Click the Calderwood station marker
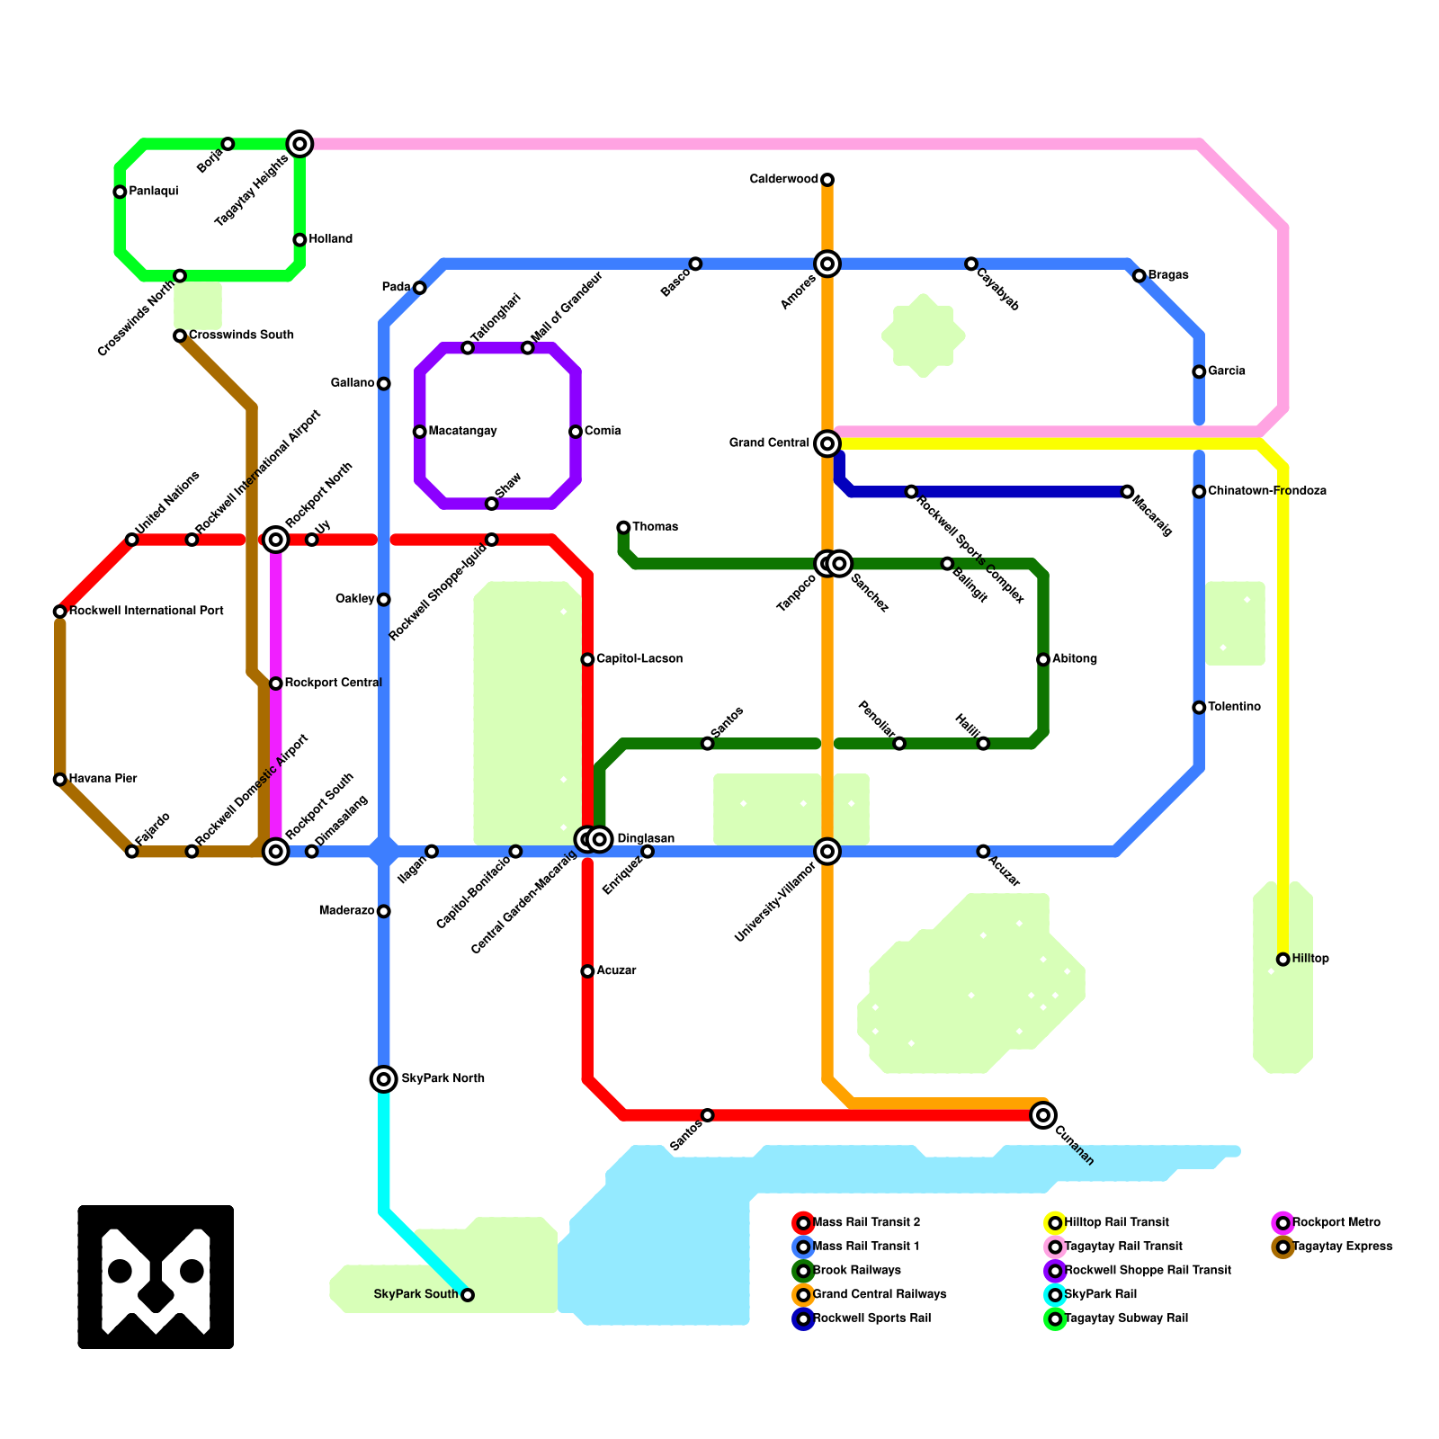tap(827, 180)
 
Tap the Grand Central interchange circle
tap(827, 443)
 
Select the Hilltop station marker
tap(1283, 960)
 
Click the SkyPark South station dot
tap(468, 1295)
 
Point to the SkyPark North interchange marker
tap(384, 1079)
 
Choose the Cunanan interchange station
tap(1043, 1115)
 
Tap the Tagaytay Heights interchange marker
tap(299, 144)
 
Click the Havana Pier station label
tap(103, 779)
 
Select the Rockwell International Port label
tap(146, 612)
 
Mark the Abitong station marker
tap(1043, 659)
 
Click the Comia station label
tap(603, 432)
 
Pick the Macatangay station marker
tap(420, 432)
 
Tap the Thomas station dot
tap(623, 527)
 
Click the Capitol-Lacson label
tap(639, 659)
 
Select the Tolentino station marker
tap(1199, 708)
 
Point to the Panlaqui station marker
tap(120, 192)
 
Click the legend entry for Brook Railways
tap(855, 1271)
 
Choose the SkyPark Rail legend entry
tap(1100, 1295)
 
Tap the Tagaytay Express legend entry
tap(1341, 1247)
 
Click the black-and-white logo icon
tap(156, 1277)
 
